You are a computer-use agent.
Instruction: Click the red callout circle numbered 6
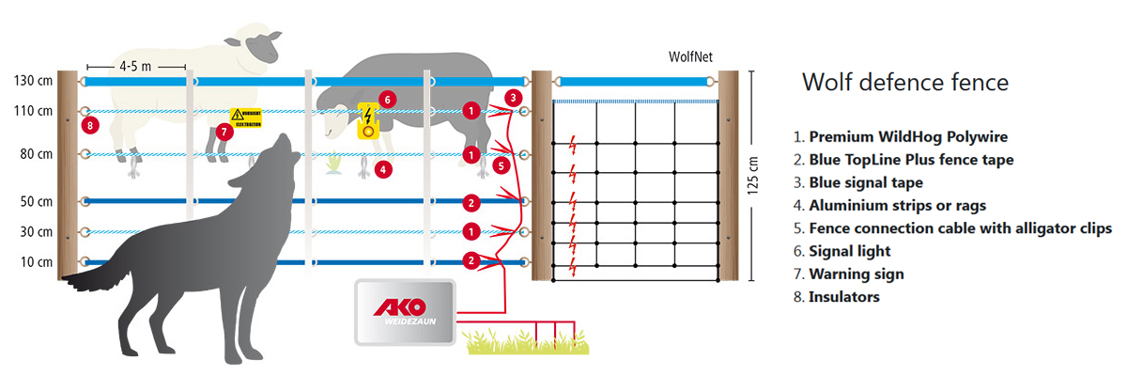click(387, 99)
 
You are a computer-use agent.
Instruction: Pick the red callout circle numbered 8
click(90, 125)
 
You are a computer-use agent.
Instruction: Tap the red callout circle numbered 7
click(224, 132)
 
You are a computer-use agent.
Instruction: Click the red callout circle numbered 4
click(382, 170)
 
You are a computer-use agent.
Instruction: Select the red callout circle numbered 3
click(512, 97)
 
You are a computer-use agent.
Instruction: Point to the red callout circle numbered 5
click(502, 165)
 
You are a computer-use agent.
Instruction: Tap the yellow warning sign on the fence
click(246, 117)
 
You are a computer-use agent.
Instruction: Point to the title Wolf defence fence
click(904, 83)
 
